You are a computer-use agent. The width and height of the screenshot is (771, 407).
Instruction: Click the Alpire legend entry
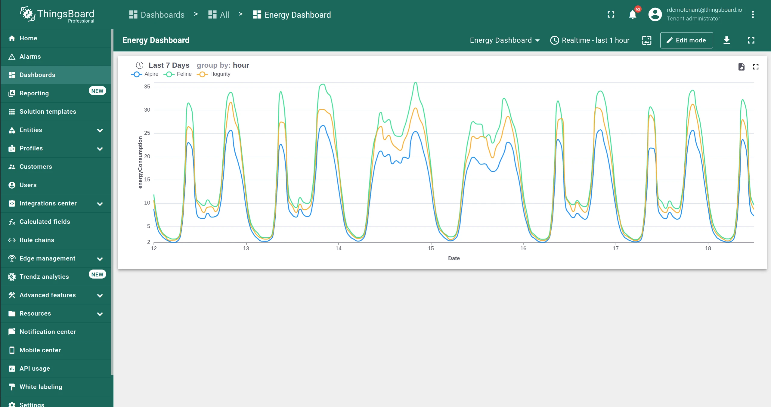(x=145, y=74)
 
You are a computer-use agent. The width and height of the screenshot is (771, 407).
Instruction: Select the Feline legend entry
(x=178, y=74)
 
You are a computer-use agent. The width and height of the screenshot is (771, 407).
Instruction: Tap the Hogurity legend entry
(x=213, y=74)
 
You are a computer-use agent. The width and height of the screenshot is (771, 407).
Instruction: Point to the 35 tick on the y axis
(x=147, y=87)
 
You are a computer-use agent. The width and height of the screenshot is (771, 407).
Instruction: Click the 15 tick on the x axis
(x=431, y=248)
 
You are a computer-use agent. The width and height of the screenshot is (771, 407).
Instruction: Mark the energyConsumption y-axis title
(x=140, y=162)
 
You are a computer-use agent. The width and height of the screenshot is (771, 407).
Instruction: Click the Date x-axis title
(x=454, y=258)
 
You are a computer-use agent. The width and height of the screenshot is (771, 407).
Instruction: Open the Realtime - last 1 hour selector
(x=590, y=40)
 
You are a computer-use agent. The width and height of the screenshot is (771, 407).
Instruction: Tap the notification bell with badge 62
(x=633, y=14)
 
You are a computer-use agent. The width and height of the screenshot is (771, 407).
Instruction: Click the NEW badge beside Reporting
(x=97, y=91)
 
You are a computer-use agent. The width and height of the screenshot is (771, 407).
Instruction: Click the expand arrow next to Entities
(x=100, y=130)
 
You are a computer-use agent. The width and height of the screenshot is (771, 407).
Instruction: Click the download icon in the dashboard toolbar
(x=727, y=40)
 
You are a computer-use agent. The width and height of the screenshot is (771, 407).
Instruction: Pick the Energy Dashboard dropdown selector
(x=505, y=40)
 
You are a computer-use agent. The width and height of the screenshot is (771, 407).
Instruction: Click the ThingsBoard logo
(x=57, y=14)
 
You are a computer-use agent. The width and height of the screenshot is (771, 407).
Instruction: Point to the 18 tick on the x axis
(x=708, y=248)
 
